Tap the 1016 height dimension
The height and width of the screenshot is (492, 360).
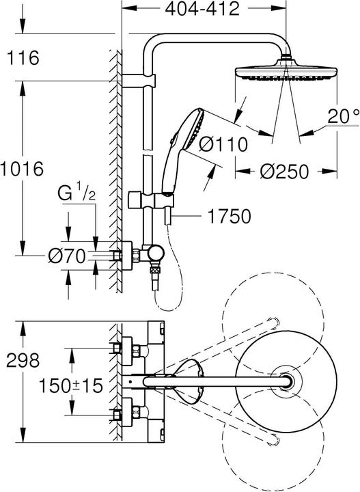click(x=22, y=168)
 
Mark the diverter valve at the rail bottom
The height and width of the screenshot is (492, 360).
click(x=153, y=256)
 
